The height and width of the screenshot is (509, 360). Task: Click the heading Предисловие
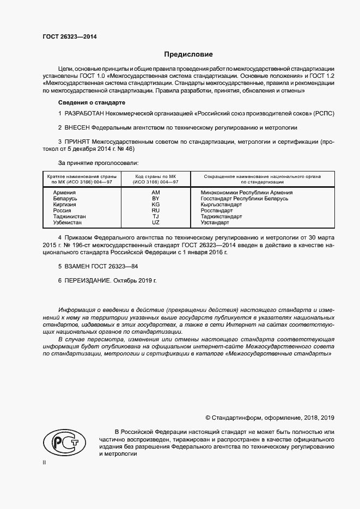point(188,54)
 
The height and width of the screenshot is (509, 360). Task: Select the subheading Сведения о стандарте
point(92,102)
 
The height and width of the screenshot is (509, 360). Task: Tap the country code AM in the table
point(155,193)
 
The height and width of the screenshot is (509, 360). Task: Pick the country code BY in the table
point(155,199)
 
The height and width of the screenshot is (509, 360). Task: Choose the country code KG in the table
point(155,205)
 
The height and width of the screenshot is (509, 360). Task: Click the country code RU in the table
point(155,211)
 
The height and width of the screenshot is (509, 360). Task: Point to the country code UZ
point(155,223)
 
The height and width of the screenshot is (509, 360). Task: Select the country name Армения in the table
point(64,193)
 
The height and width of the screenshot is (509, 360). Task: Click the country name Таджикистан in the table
point(69,217)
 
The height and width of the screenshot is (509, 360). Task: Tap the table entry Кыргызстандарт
point(221,205)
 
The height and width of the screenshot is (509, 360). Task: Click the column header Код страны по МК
point(156,176)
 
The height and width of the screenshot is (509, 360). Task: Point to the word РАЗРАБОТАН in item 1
point(87,113)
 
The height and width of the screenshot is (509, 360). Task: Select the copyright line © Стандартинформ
point(270,418)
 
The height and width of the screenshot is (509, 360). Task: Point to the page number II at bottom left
point(44,462)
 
